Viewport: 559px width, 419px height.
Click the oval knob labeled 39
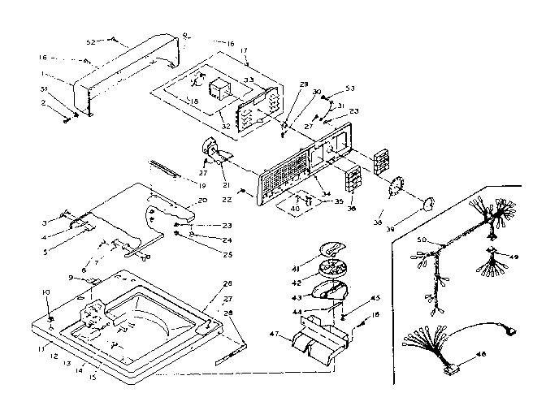(x=427, y=201)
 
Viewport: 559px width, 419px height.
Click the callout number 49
(x=513, y=257)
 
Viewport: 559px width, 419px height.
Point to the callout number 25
(x=204, y=254)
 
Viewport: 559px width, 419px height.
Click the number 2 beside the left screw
(x=45, y=103)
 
